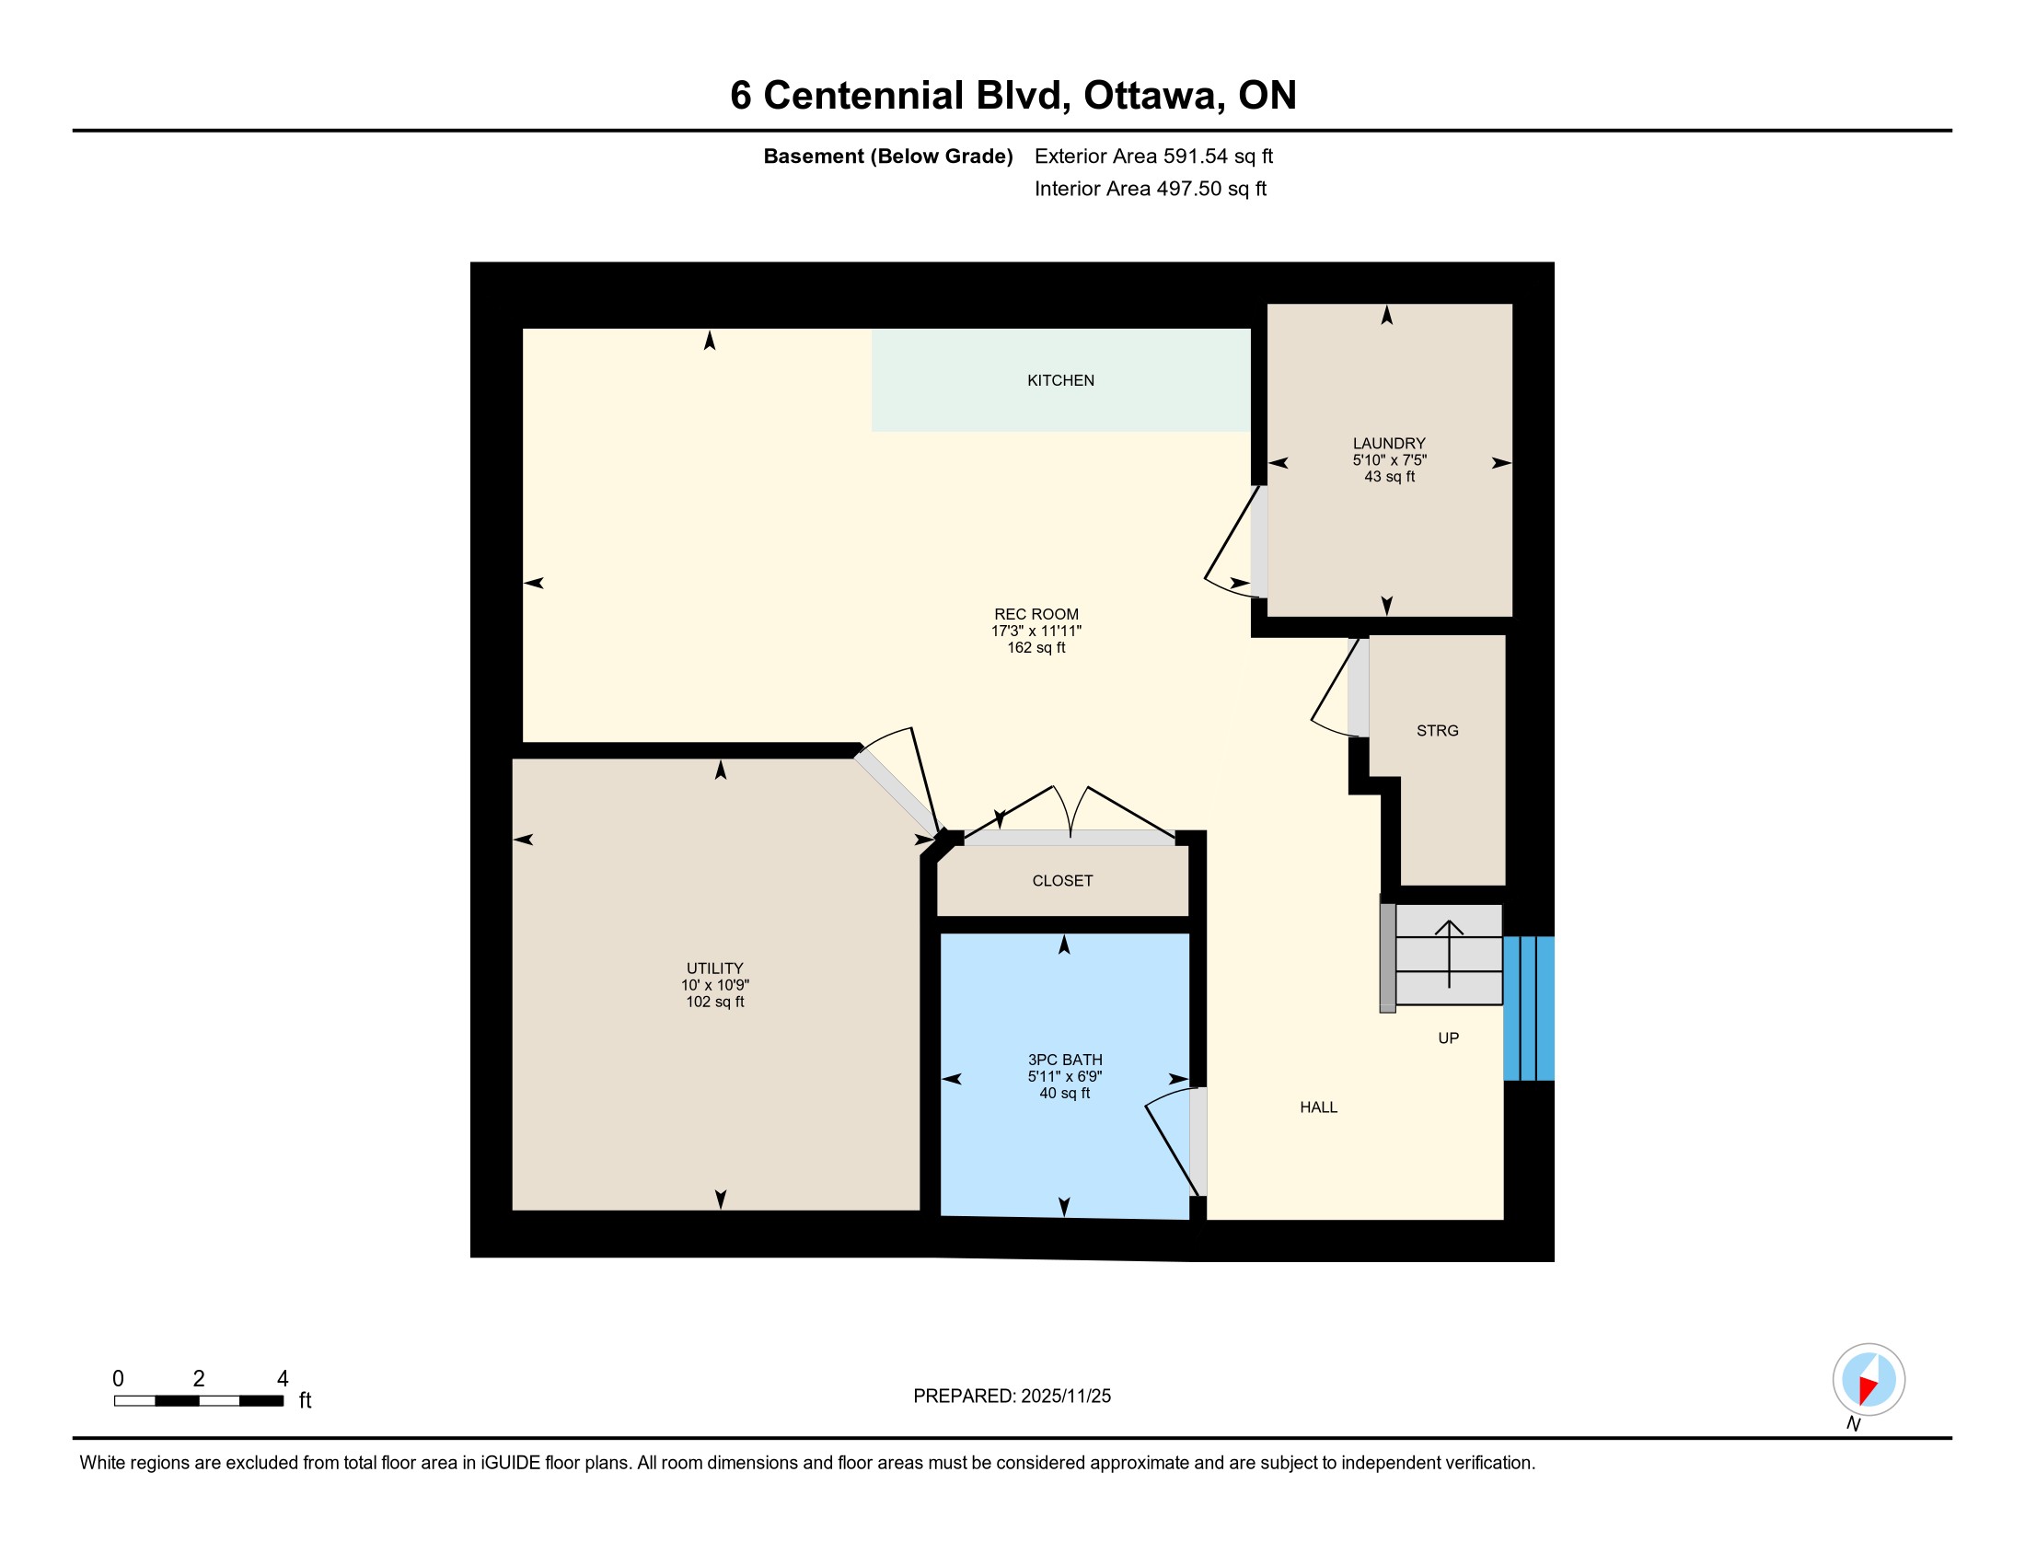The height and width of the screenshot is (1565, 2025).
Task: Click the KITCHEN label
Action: [1060, 380]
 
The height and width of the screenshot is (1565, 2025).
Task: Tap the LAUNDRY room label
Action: [1389, 443]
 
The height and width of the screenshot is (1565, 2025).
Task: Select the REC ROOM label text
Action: [1036, 614]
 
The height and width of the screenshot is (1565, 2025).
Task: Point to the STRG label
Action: [1437, 731]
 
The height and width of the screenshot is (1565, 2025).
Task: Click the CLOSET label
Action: [1062, 881]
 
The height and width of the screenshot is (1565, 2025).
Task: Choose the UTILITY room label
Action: [715, 968]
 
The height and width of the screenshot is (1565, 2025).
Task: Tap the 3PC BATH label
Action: [1065, 1060]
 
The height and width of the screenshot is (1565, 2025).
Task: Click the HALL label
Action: [1318, 1107]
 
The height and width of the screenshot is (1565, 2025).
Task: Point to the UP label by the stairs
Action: [1448, 1038]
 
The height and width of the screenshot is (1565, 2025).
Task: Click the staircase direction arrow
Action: [1449, 953]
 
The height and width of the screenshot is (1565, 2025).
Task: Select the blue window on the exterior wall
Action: [1529, 1009]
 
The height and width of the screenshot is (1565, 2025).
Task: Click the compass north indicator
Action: [1869, 1380]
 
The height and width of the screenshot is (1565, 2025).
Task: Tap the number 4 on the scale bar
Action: [283, 1379]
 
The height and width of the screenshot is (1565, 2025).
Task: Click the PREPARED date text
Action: [1012, 1397]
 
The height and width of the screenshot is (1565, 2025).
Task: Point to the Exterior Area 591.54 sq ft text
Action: [1153, 156]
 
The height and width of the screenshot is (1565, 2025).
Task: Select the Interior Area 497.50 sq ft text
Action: [1150, 189]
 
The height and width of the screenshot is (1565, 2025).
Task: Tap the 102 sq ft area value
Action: [715, 1002]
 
